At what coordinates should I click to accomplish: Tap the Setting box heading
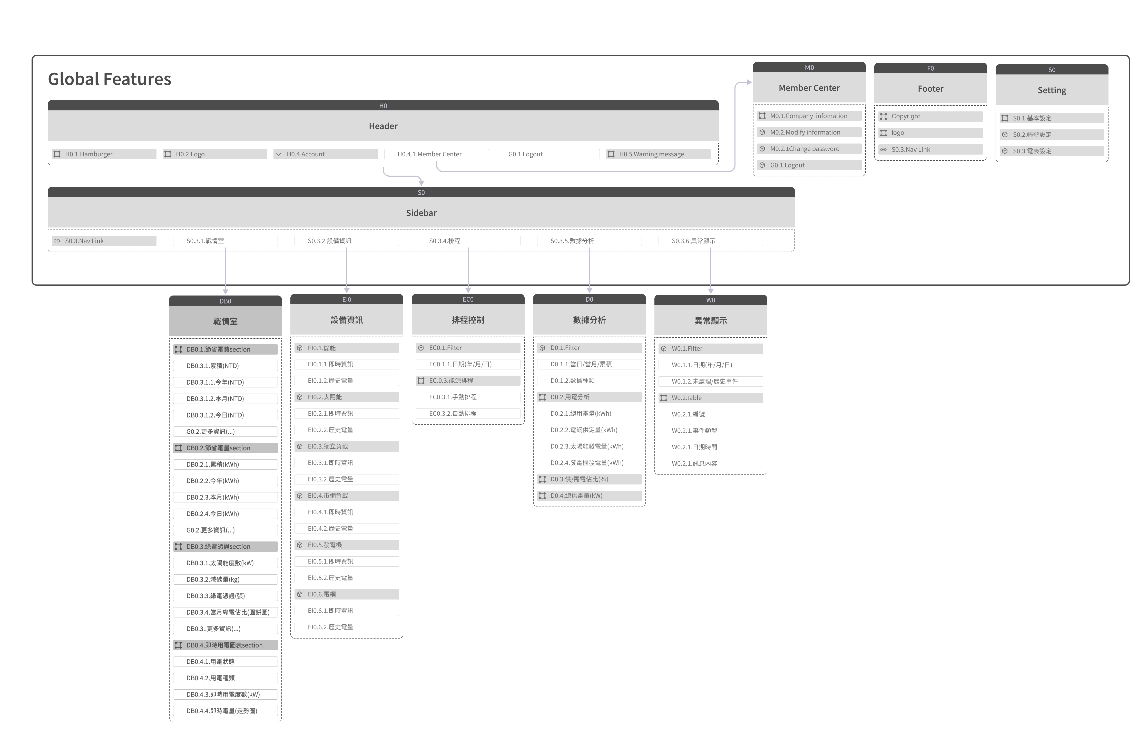[1052, 90]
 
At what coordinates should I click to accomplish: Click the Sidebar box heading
[421, 213]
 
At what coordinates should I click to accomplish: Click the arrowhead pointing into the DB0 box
[225, 292]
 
